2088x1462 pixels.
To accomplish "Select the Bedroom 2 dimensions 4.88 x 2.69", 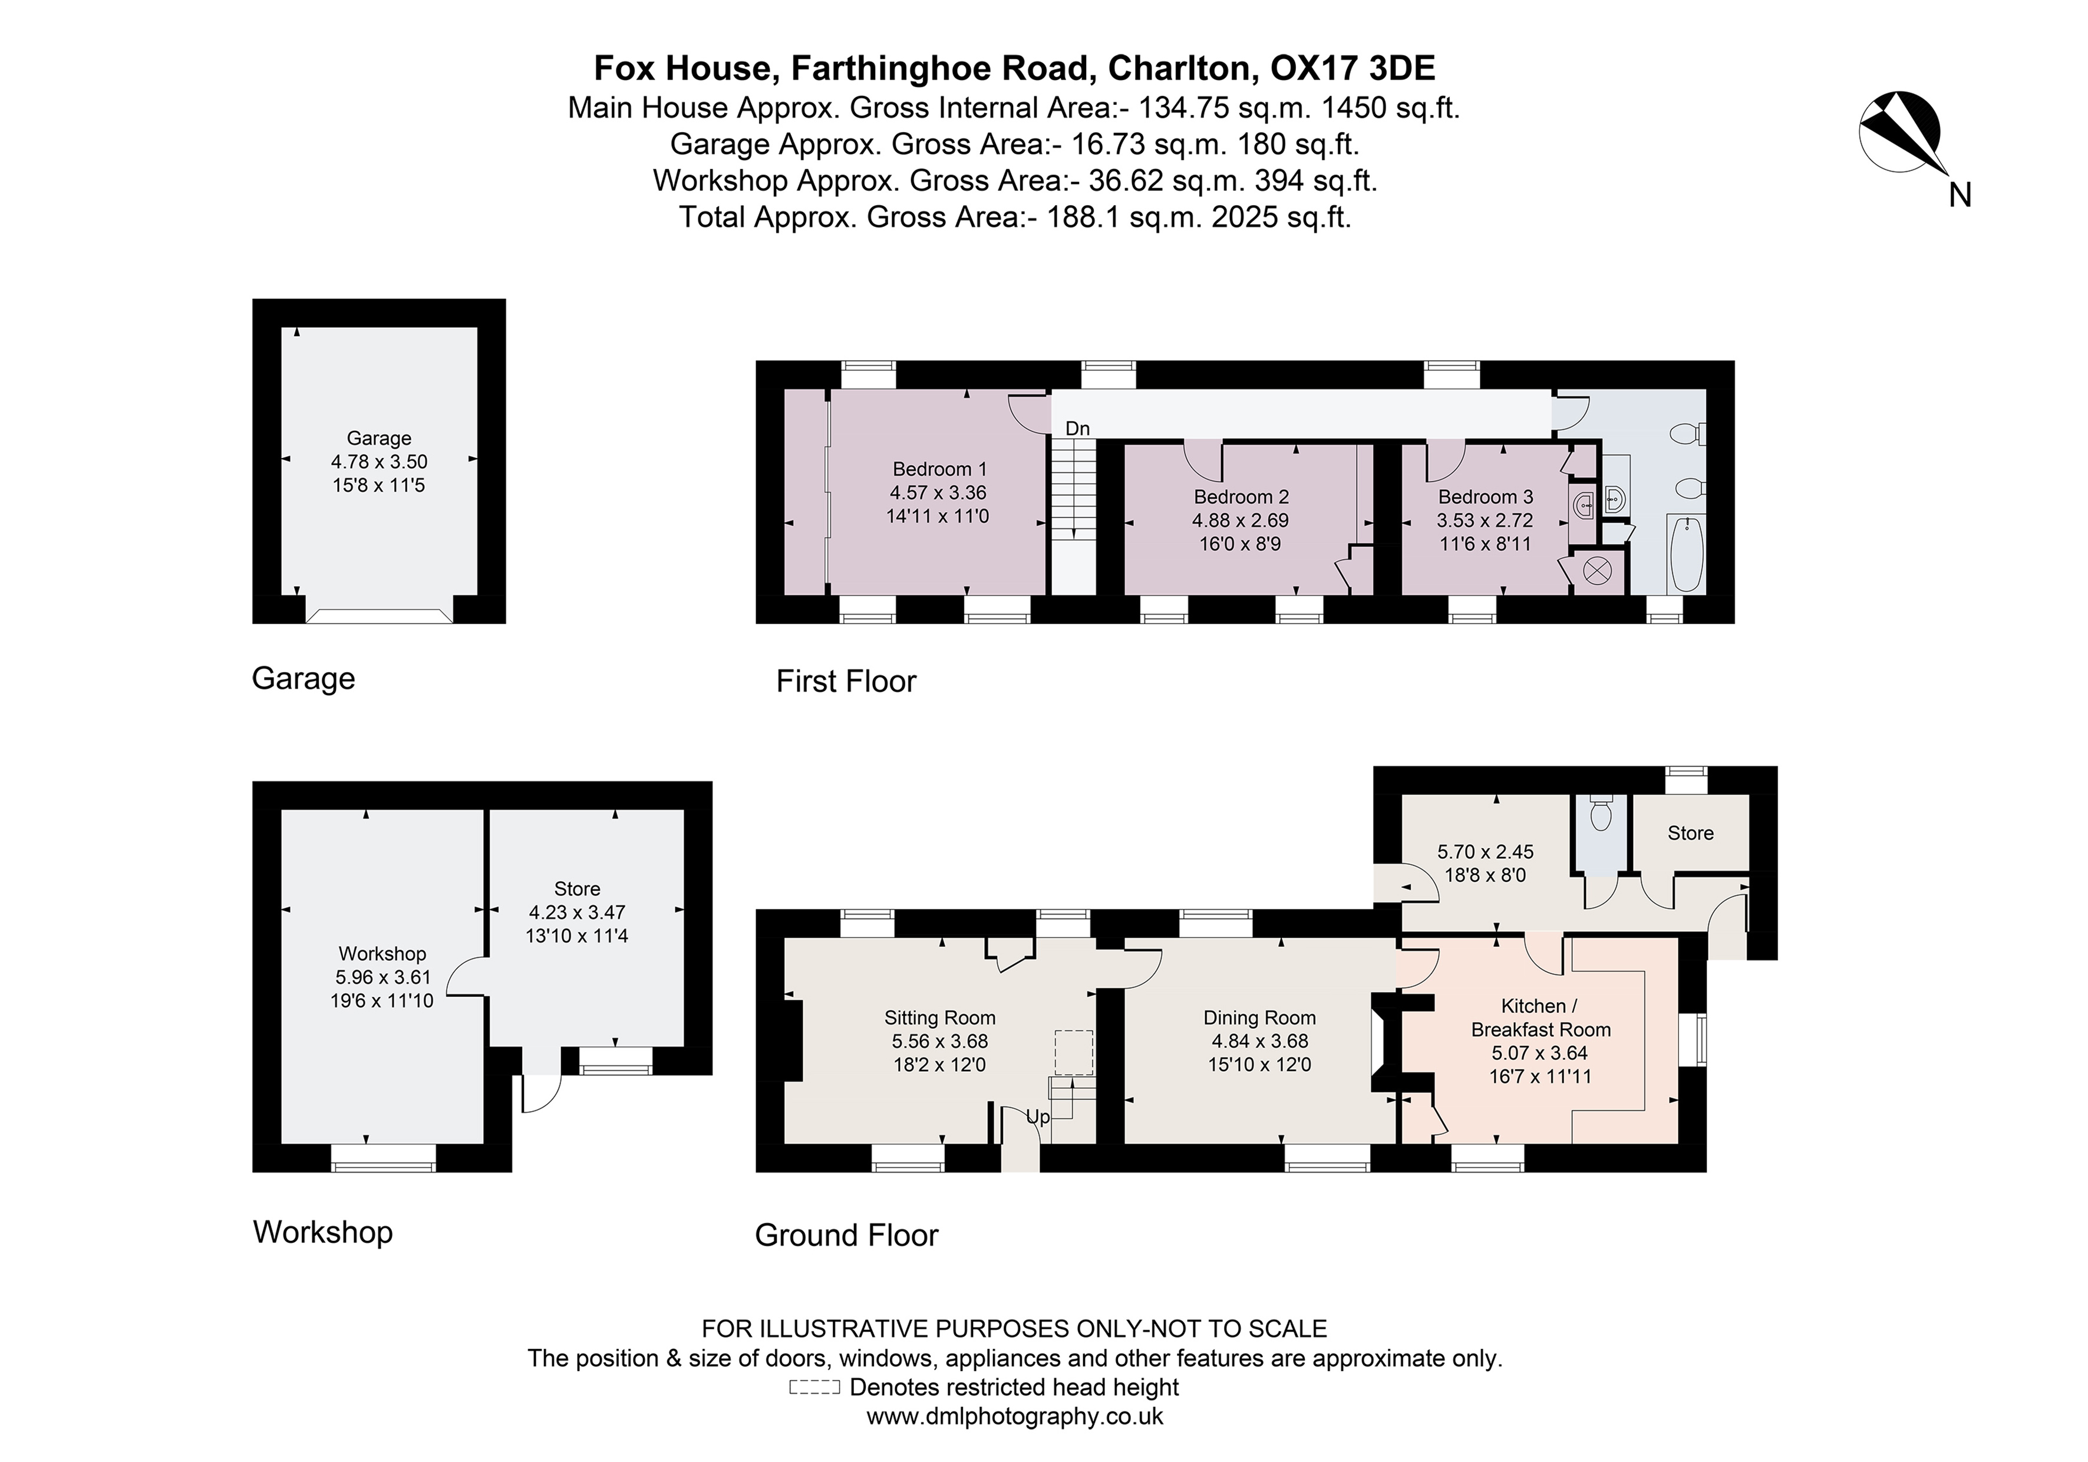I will click(x=1241, y=521).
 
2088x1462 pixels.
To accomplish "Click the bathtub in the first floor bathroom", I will click(x=1686, y=554).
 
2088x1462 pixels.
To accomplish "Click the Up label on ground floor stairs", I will click(x=1038, y=1117).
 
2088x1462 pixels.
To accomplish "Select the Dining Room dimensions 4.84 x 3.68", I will click(x=1259, y=1040).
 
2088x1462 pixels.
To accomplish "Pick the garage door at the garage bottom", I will click(x=378, y=616).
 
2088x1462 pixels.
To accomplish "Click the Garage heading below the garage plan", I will click(x=303, y=679).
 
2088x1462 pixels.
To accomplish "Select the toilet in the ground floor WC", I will click(x=1601, y=815).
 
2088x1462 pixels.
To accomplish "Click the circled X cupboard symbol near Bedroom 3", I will click(x=1598, y=571).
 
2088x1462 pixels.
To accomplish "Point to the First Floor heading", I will click(x=846, y=681).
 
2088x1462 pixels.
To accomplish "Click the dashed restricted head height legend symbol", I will click(x=814, y=1387).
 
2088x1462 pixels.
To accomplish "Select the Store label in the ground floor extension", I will click(x=1690, y=834).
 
